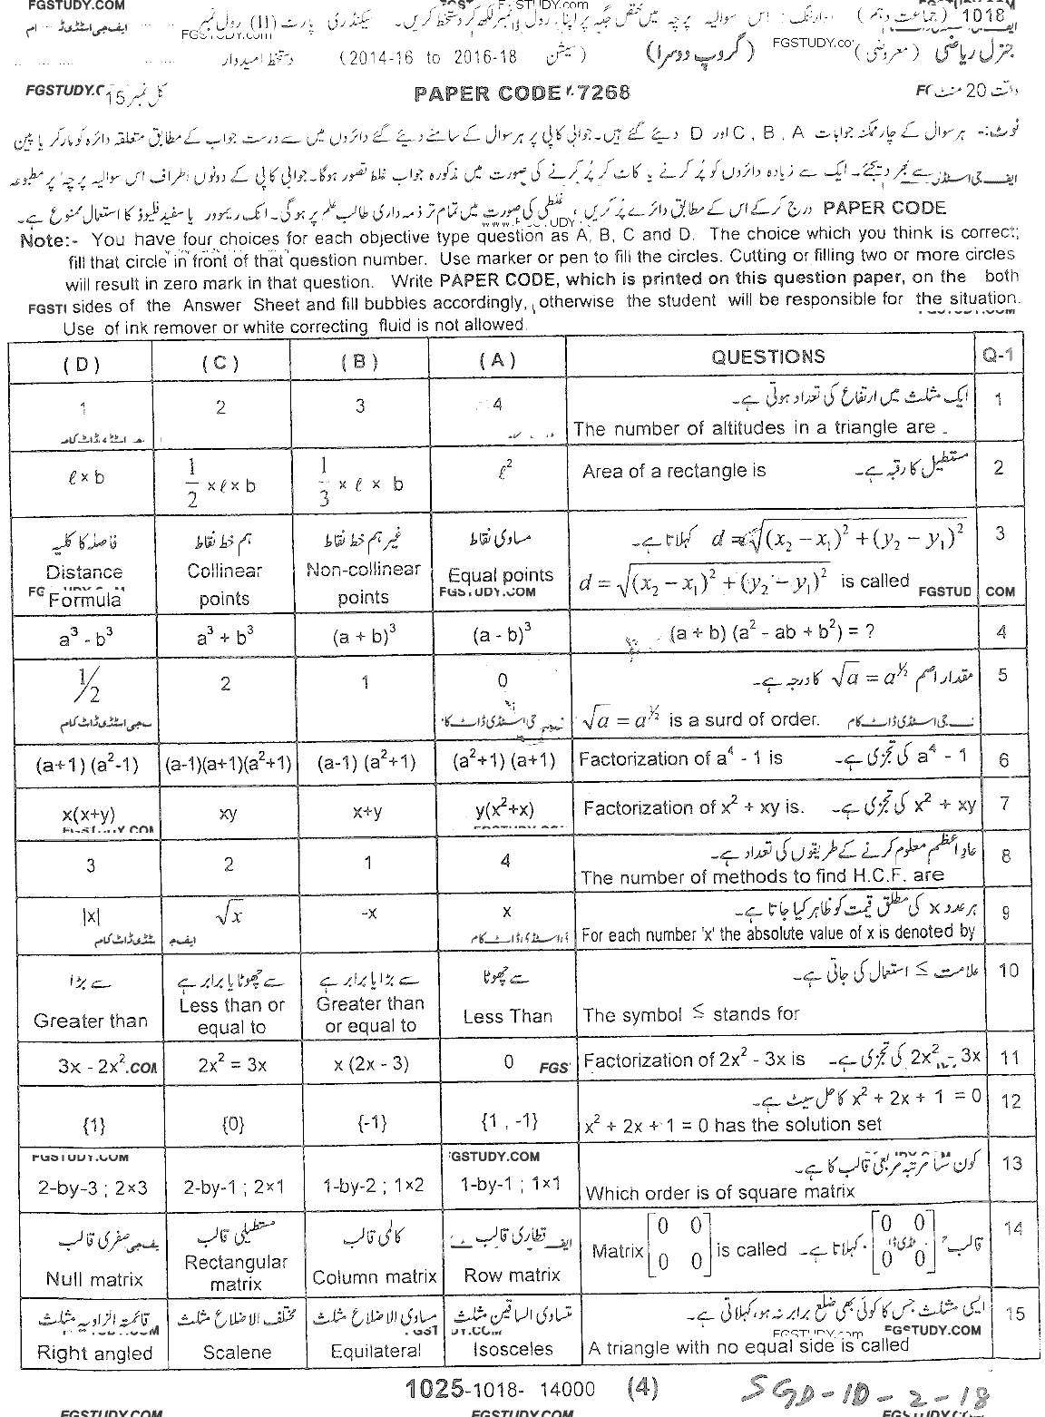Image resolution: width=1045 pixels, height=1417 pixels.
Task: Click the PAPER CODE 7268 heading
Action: coord(522,93)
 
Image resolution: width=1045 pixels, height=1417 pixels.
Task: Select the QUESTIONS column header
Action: coord(767,357)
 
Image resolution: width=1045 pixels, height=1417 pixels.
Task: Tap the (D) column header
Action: coord(82,363)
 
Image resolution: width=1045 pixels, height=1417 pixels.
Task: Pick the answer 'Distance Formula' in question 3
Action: coord(84,585)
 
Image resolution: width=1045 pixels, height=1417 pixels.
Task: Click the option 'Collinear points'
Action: coord(224,583)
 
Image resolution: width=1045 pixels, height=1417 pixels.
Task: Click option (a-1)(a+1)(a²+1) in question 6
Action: coord(228,764)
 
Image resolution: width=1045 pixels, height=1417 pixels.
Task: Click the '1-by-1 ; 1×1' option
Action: coord(510,1185)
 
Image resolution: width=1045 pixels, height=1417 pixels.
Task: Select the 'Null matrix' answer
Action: coord(93,1279)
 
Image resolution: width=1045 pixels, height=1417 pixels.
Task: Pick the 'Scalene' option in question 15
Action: coord(236,1352)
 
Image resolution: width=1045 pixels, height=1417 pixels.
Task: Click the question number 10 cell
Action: coord(1008,971)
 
